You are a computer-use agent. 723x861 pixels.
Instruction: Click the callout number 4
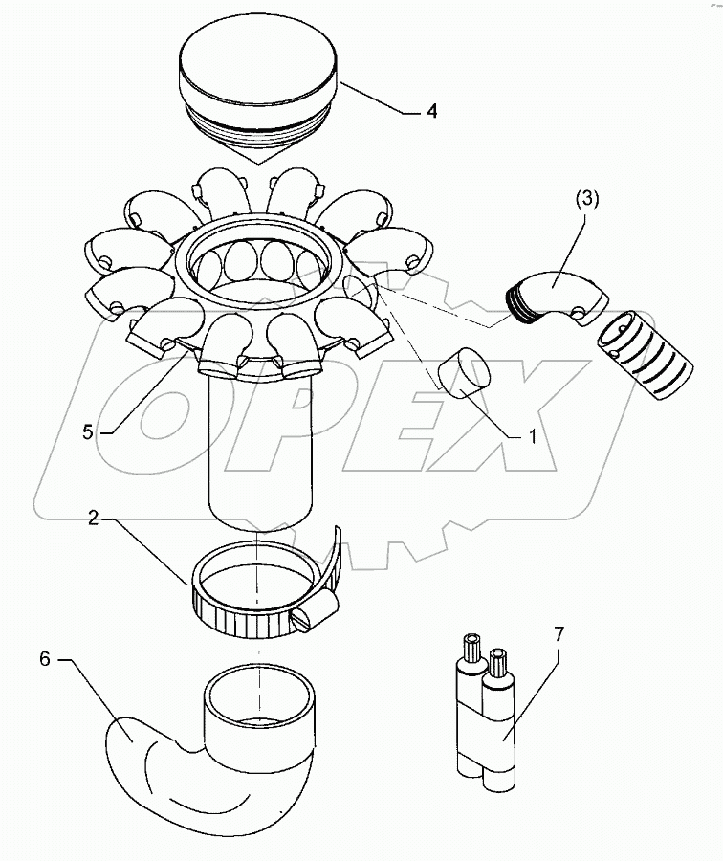(431, 112)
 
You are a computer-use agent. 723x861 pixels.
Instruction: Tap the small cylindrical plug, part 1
(464, 374)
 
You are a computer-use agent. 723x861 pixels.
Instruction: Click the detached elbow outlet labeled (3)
(559, 291)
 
